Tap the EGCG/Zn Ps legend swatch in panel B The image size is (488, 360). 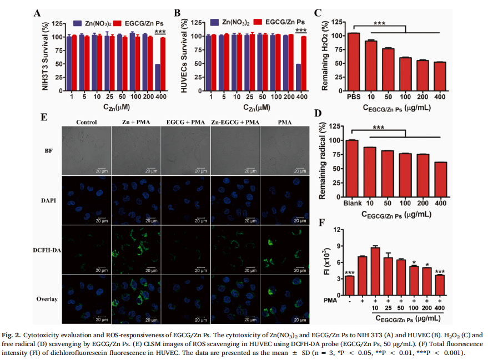256,23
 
